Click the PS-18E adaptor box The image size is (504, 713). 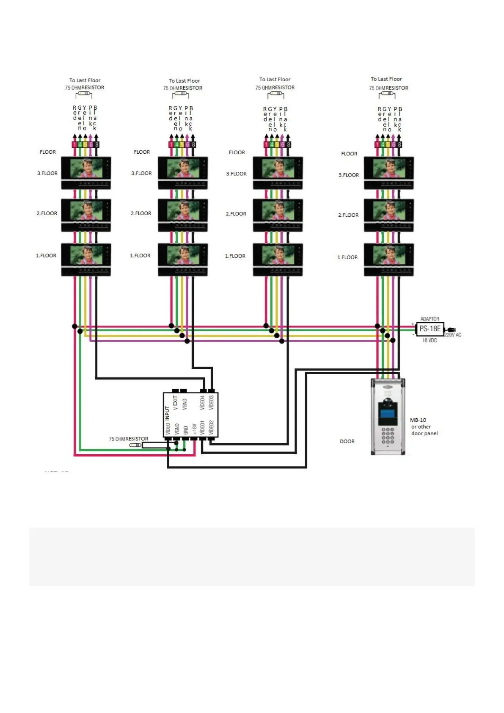point(430,329)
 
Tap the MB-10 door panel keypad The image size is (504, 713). point(388,436)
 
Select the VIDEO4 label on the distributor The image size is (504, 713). point(202,403)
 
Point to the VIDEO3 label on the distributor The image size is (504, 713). point(211,403)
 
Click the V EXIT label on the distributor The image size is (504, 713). point(176,403)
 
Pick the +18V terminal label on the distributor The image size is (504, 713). point(194,428)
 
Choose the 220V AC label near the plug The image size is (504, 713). point(452,335)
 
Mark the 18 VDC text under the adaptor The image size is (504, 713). point(429,340)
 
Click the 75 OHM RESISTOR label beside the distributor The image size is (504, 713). point(128,439)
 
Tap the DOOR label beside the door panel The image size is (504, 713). point(347,442)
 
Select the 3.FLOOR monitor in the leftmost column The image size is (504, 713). point(86,172)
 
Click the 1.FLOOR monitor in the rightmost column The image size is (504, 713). point(388,259)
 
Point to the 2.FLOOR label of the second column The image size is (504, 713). point(141,213)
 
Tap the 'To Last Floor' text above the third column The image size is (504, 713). point(275,80)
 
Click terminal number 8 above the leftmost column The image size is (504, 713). point(96,145)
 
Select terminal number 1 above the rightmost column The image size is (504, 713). point(377,145)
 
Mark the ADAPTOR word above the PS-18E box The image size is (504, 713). point(430,319)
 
